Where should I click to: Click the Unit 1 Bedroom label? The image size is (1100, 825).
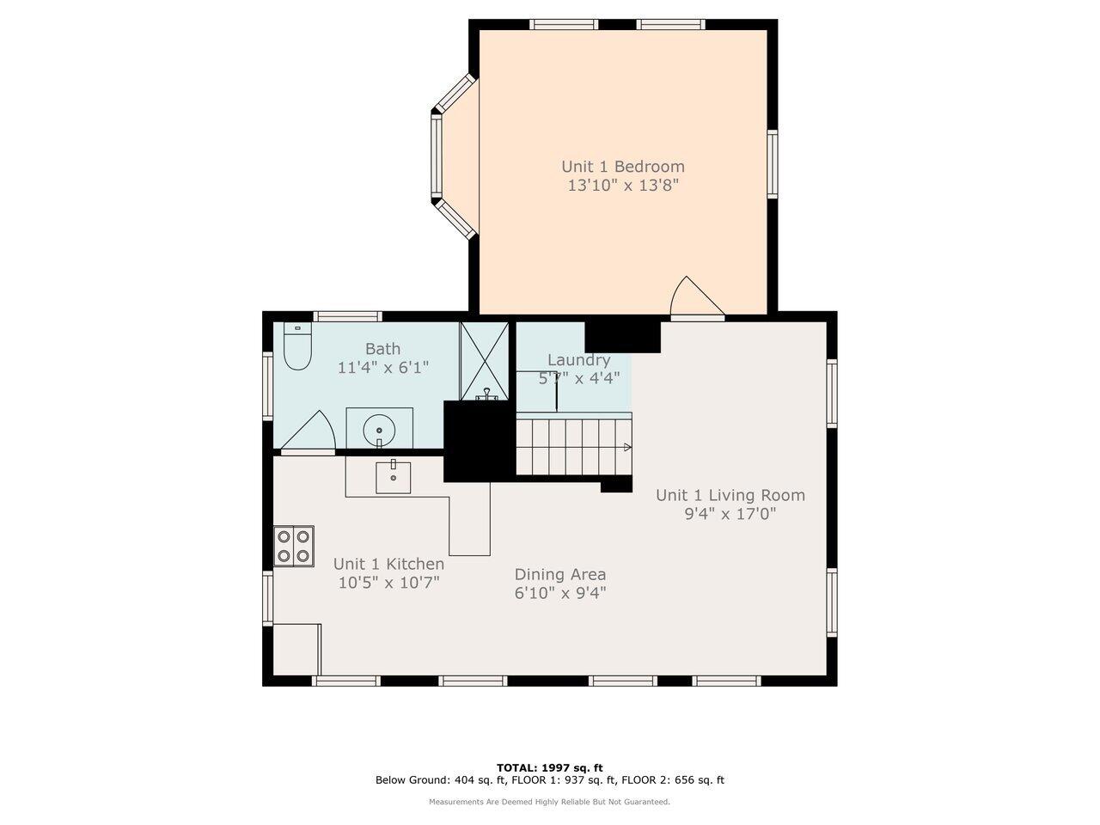point(623,167)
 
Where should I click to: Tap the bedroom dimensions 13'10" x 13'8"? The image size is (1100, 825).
point(623,185)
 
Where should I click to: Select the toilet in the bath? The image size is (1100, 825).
point(297,348)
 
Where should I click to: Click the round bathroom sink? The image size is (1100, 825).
point(379,427)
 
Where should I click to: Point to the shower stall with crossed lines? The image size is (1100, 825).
point(485,361)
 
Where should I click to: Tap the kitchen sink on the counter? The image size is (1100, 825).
point(394,477)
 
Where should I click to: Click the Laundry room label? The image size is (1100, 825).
point(578,360)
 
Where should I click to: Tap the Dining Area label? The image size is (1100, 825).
point(560,575)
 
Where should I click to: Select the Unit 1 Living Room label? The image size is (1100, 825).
point(730,495)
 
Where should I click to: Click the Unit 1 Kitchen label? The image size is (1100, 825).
point(388,564)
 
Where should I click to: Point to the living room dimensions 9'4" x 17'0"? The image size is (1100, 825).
point(730,514)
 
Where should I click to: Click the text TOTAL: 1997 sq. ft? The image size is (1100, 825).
point(550,767)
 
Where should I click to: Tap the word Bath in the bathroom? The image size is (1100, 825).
point(382,349)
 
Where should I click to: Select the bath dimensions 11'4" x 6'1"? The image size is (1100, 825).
point(382,368)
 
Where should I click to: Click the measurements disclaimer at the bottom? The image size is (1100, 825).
point(550,802)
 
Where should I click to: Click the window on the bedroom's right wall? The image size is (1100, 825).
point(772,164)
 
